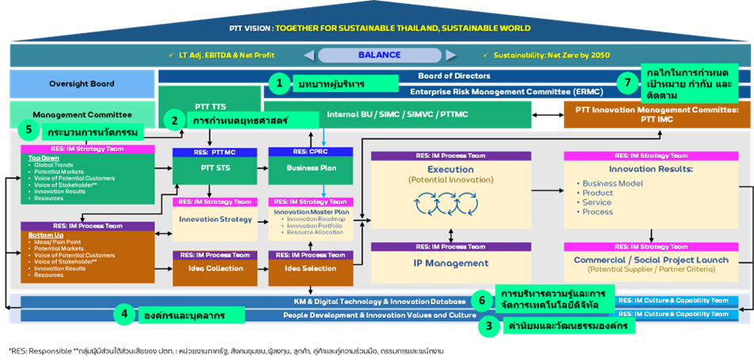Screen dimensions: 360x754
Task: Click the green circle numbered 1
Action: click(278, 82)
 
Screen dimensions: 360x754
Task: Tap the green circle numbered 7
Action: click(629, 82)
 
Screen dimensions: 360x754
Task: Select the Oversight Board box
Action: click(82, 83)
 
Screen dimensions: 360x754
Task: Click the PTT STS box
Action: click(209, 168)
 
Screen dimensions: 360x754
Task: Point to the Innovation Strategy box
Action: click(209, 219)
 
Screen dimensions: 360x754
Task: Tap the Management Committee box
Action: click(82, 114)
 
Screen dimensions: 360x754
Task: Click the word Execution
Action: click(450, 170)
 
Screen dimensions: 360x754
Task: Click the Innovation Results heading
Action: click(651, 170)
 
